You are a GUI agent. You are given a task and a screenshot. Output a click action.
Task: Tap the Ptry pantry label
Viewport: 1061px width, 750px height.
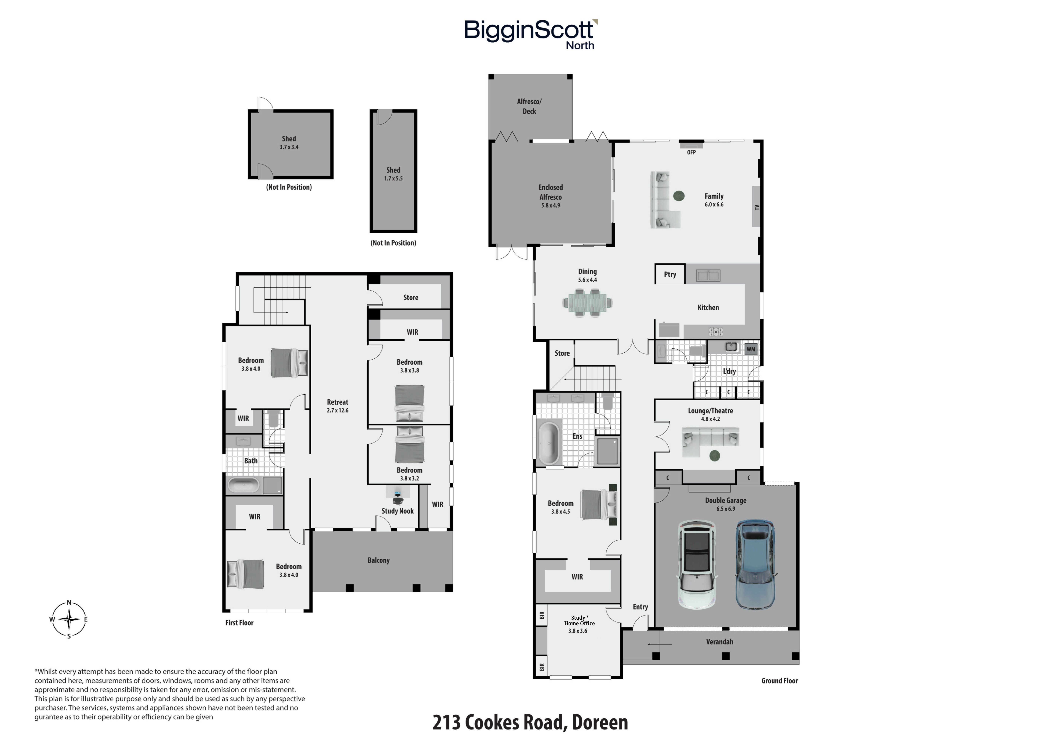[x=670, y=274]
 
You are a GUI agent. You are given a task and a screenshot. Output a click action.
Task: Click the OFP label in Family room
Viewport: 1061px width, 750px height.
[x=691, y=152]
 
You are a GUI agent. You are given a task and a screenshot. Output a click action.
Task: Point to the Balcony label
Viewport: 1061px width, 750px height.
[x=378, y=560]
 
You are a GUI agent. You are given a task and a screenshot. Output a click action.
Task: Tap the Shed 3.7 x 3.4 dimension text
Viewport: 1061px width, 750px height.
[x=289, y=147]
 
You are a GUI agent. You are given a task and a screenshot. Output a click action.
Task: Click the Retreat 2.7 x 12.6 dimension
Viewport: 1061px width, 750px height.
[x=337, y=410]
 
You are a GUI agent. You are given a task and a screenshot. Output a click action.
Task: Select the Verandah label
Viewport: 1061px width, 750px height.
[x=719, y=641]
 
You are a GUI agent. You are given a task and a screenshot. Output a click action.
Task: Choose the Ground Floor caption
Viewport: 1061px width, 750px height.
[x=780, y=680]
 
